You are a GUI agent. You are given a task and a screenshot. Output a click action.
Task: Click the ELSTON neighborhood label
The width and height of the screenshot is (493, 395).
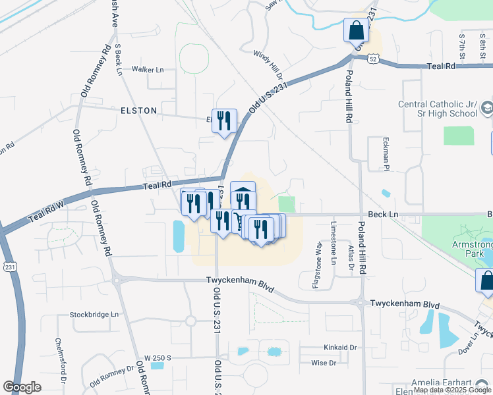tap(138, 111)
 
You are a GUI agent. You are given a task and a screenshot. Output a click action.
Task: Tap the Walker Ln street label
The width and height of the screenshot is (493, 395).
tap(147, 69)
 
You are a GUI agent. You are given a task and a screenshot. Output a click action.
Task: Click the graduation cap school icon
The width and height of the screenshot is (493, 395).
tap(487, 107)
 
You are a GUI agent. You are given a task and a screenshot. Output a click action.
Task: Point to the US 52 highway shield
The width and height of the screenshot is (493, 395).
tap(373, 59)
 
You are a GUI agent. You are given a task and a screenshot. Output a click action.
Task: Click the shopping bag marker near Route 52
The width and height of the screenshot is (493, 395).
tap(356, 30)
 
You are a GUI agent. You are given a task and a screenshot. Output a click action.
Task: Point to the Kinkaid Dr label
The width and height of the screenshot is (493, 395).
tap(340, 347)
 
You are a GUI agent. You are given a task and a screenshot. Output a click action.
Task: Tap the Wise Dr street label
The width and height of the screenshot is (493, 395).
tap(324, 363)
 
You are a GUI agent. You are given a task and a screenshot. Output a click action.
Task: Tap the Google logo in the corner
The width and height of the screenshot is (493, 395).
tap(22, 387)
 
